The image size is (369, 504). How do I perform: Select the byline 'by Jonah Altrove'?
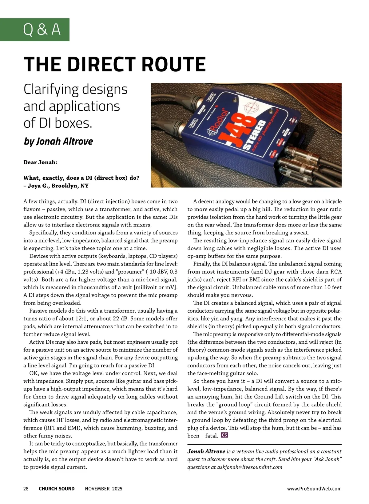(58, 141)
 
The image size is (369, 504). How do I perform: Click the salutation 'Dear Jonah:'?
(40, 162)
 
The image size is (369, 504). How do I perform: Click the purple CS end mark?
(224, 435)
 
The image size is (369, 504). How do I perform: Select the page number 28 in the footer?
(26, 489)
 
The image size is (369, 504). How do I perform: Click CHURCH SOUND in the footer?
(57, 489)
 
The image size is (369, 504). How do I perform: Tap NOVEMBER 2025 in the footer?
(104, 489)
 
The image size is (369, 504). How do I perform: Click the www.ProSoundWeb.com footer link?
(314, 489)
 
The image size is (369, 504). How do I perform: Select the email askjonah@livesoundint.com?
(250, 467)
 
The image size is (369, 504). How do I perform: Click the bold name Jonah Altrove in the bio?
(206, 451)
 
